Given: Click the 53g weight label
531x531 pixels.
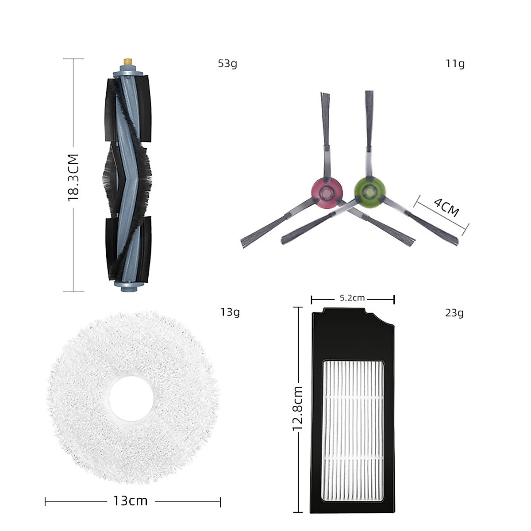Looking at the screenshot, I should pos(227,64).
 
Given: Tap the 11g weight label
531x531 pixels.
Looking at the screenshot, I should pos(455,64).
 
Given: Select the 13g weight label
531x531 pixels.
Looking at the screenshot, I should pos(230,312).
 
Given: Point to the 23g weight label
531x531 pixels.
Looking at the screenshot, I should pos(454,313).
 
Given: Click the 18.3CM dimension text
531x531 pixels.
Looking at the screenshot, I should pos(73,177).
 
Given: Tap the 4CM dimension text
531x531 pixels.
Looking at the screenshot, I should pos(446,208).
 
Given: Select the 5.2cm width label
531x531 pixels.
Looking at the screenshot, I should pos(352,298).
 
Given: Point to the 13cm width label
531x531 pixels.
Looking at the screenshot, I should pos(130,501).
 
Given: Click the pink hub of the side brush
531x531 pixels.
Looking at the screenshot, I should pos(327,192).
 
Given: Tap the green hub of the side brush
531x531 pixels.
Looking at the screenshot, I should pos(369,191).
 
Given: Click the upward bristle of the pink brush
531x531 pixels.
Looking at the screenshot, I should pos(325,106).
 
